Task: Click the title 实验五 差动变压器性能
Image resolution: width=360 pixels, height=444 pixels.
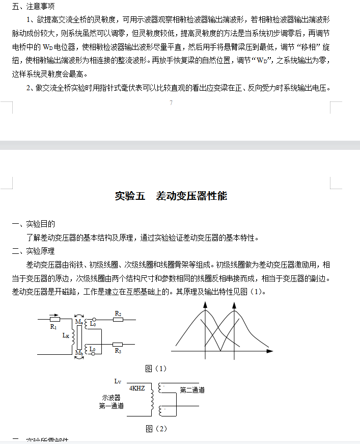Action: [171, 196]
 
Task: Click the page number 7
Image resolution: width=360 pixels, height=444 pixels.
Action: [171, 103]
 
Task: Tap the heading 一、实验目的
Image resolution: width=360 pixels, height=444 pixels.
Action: [34, 224]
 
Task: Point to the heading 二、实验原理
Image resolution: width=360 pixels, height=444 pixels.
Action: [34, 251]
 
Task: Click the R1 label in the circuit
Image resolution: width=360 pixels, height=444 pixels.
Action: [53, 327]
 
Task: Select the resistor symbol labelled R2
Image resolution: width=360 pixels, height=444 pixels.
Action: [117, 320]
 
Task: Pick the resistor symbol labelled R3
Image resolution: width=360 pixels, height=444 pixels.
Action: [118, 344]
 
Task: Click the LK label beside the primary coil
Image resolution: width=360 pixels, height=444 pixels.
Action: [66, 335]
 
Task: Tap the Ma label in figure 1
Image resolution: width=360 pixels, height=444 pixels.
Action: [78, 322]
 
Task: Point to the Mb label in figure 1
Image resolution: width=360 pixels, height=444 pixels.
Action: [78, 353]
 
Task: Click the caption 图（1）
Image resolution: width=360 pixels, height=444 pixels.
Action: [156, 369]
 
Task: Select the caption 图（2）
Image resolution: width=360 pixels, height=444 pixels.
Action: [156, 428]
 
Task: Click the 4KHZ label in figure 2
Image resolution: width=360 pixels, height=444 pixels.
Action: [137, 388]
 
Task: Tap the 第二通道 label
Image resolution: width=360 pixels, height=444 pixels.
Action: [192, 390]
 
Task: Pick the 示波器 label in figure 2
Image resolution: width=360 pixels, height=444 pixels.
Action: [111, 398]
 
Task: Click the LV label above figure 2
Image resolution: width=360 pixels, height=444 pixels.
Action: [118, 381]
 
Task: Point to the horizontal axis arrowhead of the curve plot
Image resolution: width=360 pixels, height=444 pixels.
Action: [270, 351]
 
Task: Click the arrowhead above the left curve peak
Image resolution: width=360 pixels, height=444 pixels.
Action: [205, 304]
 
